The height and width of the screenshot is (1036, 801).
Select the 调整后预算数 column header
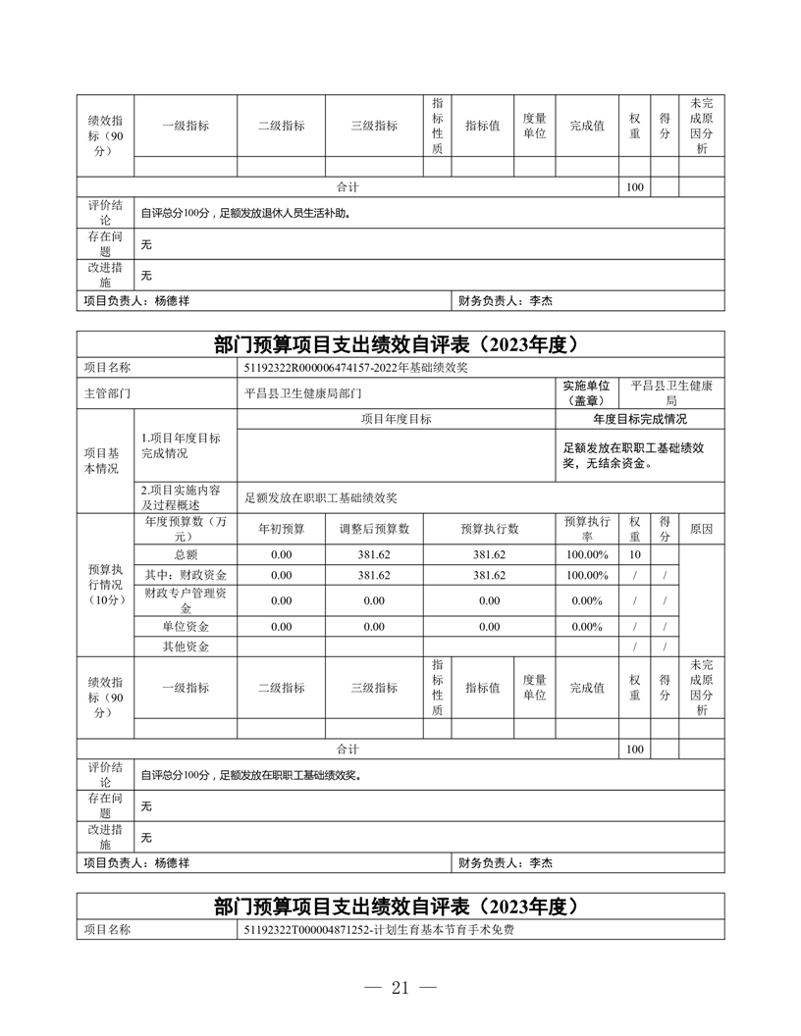374,528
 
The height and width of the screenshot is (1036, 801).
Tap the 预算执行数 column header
489,528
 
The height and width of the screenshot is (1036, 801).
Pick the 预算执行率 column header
586,528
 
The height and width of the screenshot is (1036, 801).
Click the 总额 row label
185,554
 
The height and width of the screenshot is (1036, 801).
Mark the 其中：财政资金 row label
185,575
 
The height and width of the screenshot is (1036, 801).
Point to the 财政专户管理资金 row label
185,599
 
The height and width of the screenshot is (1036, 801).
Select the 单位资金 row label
185,626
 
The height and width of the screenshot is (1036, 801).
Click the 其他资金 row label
185,647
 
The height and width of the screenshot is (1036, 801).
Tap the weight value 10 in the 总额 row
634,554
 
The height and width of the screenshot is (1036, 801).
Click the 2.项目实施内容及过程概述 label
182,496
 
